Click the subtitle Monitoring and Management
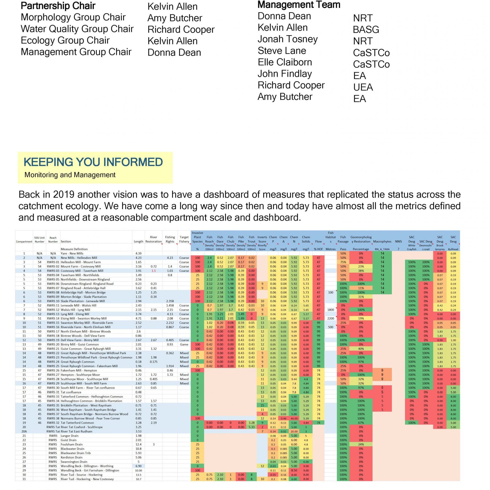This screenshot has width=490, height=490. (x=70, y=175)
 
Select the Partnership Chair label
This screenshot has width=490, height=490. (x=58, y=6)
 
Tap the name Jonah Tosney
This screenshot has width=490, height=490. (x=287, y=39)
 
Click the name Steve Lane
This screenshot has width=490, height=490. (x=282, y=51)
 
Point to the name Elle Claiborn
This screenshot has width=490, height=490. (x=285, y=62)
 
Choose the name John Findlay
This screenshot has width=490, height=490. (x=285, y=74)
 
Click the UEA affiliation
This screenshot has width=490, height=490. (x=363, y=87)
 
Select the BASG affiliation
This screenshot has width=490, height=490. (x=366, y=30)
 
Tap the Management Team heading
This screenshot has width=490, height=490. (x=299, y=5)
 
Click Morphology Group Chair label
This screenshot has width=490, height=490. (x=73, y=17)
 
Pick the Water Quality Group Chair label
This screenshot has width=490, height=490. (x=77, y=29)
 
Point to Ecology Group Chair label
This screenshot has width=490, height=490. (x=65, y=40)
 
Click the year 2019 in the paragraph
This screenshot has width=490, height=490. (x=63, y=194)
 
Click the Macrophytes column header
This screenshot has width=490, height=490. (x=382, y=242)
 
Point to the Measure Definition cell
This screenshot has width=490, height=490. (x=74, y=249)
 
